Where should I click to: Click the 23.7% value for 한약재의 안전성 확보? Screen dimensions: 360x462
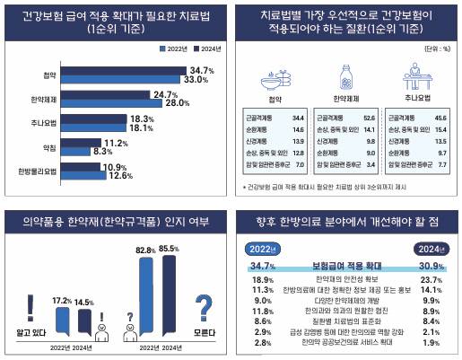[431, 280]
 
